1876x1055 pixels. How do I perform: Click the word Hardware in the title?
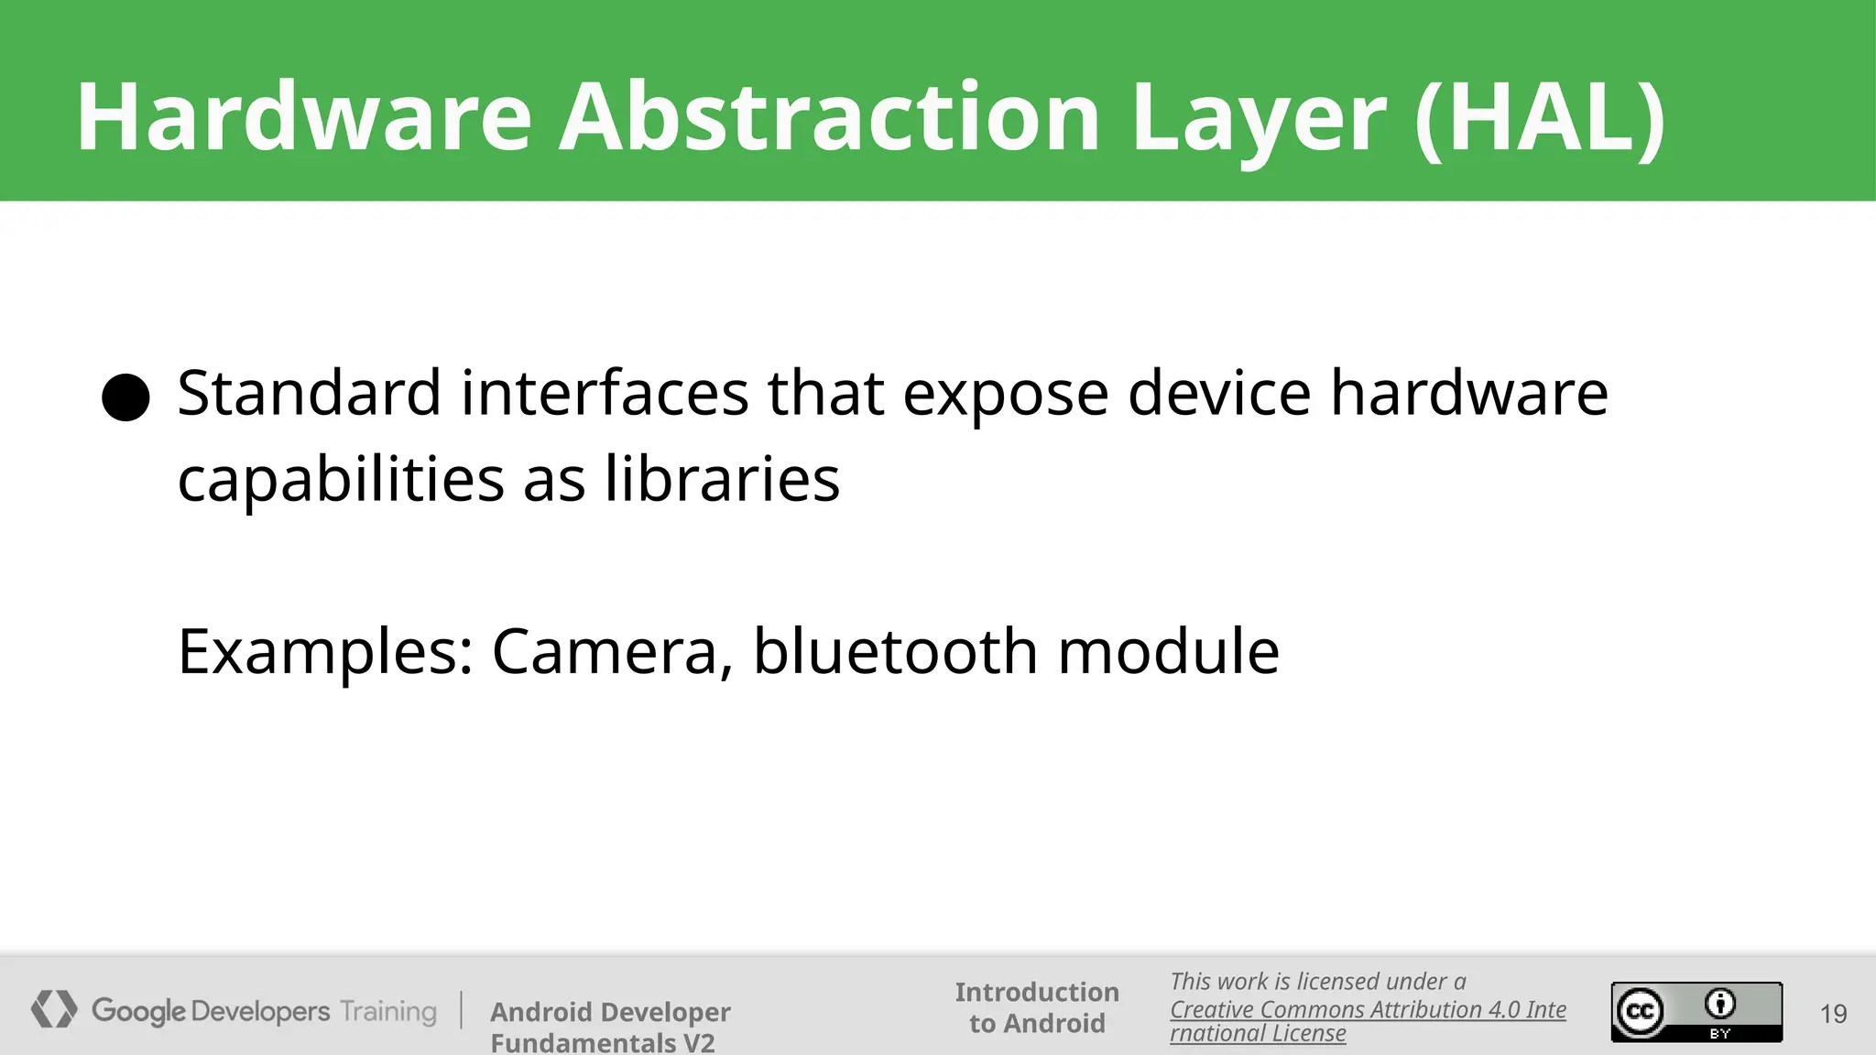coord(303,117)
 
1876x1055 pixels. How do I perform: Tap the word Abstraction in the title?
coord(829,117)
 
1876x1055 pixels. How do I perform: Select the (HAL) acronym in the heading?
coord(1539,117)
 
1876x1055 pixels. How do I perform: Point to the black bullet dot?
coord(125,397)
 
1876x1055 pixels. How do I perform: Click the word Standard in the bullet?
coord(309,393)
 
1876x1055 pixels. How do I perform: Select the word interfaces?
coord(605,393)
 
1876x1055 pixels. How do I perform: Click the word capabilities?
coord(341,480)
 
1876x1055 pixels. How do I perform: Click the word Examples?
coord(325,652)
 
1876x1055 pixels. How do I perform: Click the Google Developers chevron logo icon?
coord(54,1009)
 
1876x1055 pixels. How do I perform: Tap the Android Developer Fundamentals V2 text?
coord(610,1026)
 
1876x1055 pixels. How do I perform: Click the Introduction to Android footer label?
coord(1037,1007)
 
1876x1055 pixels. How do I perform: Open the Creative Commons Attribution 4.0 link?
coord(1367,1010)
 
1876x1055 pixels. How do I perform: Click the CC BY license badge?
coord(1696,1012)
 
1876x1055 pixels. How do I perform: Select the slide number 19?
coord(1833,1014)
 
